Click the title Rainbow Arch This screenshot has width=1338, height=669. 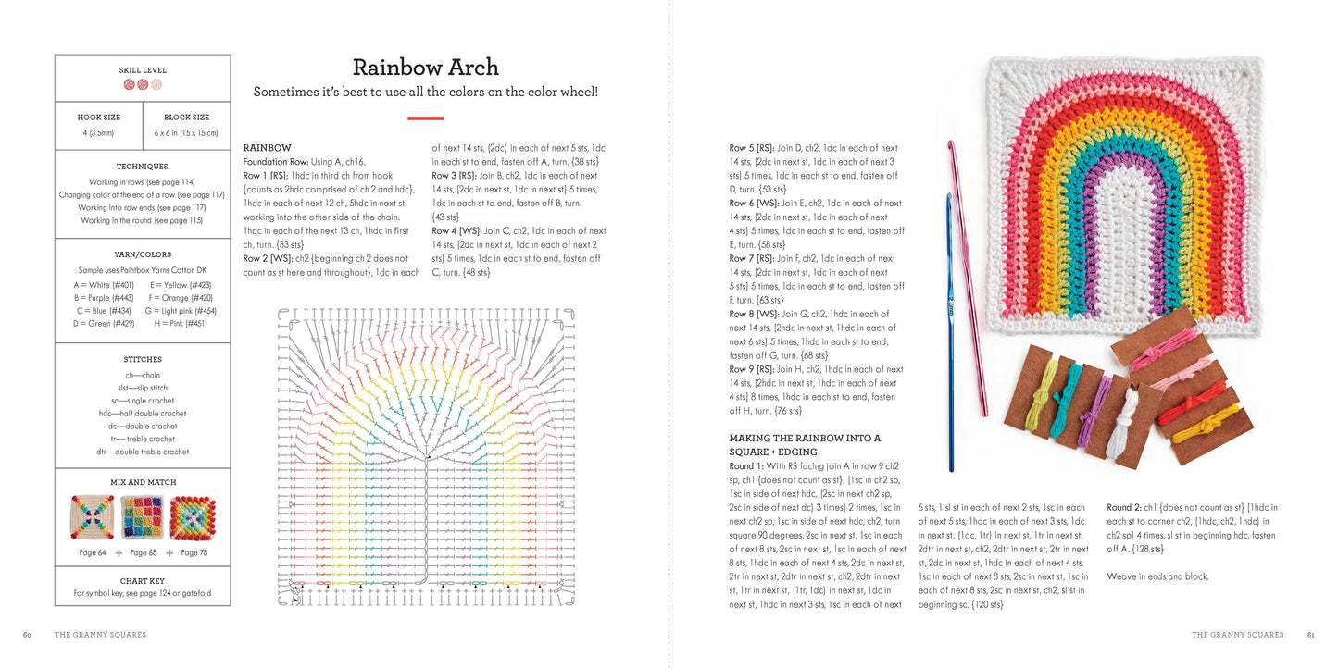[425, 68]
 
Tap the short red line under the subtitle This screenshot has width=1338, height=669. [425, 118]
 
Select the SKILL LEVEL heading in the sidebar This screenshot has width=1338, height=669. [143, 70]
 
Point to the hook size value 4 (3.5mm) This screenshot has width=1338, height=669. [98, 133]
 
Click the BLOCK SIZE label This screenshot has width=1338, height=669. [186, 118]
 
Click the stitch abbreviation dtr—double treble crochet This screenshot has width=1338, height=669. [143, 452]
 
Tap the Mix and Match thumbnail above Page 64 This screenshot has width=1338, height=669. [92, 517]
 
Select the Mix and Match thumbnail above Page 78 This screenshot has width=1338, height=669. [194, 517]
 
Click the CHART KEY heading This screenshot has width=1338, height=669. [143, 580]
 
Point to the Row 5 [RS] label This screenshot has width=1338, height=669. [751, 148]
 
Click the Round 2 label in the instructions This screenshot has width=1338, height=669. [1127, 507]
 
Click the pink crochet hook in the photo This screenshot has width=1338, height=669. [967, 278]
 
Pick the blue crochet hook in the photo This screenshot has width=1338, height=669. [948, 333]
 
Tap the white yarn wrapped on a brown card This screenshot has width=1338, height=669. [1121, 426]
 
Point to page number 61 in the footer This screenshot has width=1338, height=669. [1310, 635]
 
